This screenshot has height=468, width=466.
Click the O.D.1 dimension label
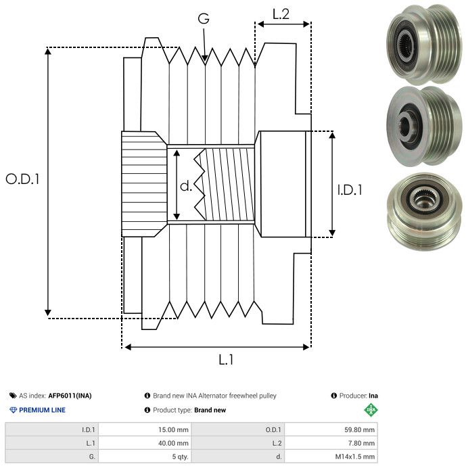coord(23,180)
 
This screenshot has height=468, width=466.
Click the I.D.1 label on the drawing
coord(350,191)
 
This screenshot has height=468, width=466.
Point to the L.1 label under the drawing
coord(226,360)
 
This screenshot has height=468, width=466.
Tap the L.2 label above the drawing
coord(281,13)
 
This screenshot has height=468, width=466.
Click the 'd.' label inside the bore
coord(186,186)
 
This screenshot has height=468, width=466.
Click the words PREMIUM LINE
coord(43,410)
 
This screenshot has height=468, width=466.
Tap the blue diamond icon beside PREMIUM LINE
coord(13,410)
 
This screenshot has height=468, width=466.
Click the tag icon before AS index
coord(13,396)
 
